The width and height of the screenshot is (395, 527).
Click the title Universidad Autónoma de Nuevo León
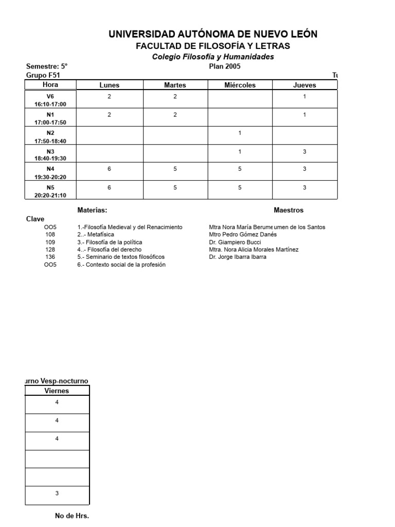coord(213,34)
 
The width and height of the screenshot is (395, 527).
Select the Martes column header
coord(175,85)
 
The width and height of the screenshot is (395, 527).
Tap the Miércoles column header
coord(240,85)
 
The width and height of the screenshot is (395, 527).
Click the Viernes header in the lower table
coord(57,391)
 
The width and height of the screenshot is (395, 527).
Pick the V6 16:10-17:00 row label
coord(50,100)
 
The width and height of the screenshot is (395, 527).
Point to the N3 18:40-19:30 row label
coord(50,155)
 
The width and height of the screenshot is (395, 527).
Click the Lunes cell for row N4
coord(109,169)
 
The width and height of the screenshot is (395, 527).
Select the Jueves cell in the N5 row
coord(304,188)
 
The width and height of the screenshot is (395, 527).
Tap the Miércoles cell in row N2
coord(240,133)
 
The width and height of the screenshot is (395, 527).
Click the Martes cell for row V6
coord(175,96)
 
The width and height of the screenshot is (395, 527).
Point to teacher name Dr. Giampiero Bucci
coord(235,242)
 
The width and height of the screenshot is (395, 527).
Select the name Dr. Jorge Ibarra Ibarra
coord(238,257)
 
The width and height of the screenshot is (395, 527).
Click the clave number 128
coord(50,250)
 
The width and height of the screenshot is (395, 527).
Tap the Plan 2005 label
coord(224,66)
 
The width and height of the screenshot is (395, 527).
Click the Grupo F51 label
coord(43,75)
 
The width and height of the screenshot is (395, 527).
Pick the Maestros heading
coord(289,210)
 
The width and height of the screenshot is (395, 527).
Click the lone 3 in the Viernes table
coord(57,494)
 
